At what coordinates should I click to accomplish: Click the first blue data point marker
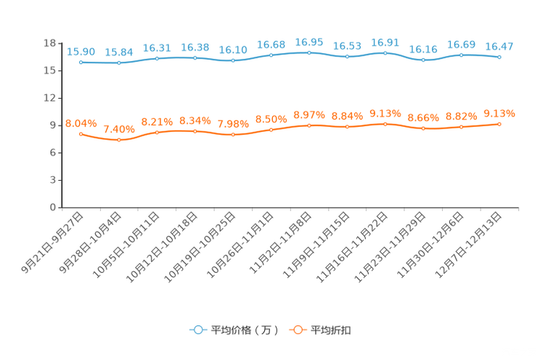click(81, 62)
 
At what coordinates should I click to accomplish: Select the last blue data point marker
click(499, 57)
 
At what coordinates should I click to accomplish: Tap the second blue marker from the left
click(119, 63)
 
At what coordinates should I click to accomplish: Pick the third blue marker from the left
click(157, 58)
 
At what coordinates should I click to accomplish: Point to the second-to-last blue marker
click(461, 54)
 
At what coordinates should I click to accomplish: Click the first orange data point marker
click(81, 134)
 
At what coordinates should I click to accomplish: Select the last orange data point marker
click(499, 124)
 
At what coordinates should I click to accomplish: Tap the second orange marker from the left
click(119, 139)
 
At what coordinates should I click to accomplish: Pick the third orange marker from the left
click(157, 132)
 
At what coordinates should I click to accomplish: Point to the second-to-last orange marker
click(461, 127)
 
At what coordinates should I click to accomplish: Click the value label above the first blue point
click(81, 52)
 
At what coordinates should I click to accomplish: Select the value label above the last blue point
click(499, 46)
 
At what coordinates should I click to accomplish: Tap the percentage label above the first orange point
click(81, 123)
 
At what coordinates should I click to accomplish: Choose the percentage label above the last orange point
click(499, 113)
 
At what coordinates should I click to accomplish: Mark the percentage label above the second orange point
click(119, 129)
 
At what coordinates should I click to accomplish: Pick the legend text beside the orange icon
click(332, 330)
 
